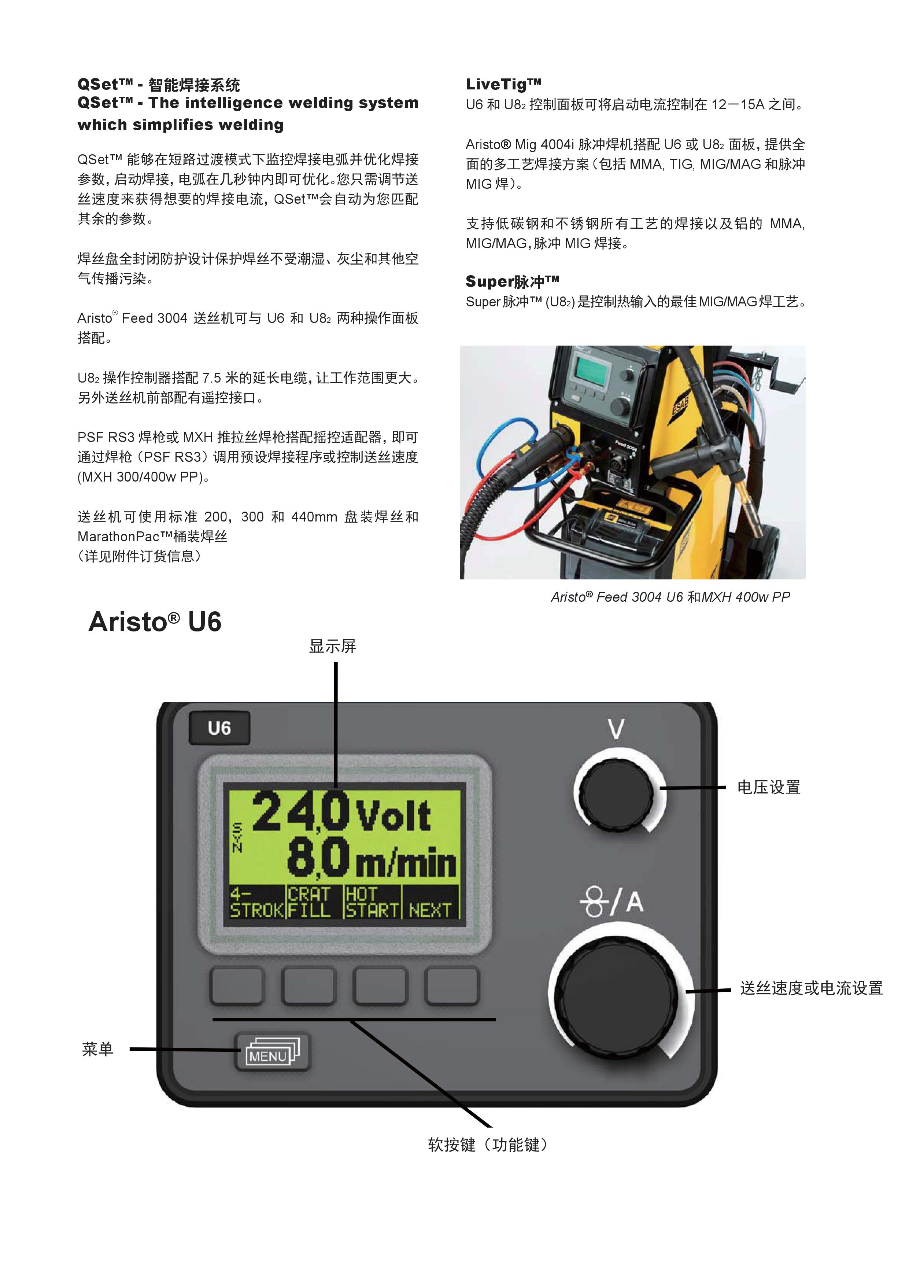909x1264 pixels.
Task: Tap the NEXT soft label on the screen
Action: coord(430,910)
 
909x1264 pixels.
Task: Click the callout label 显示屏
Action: coord(333,646)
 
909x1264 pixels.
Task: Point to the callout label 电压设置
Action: coord(769,787)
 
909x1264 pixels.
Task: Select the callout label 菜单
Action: coord(97,1049)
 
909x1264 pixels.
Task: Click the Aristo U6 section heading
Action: coord(155,622)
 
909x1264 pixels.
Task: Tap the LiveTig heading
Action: coord(504,84)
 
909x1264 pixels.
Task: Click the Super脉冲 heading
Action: coord(513,281)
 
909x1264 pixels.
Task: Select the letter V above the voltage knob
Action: coord(616,729)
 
